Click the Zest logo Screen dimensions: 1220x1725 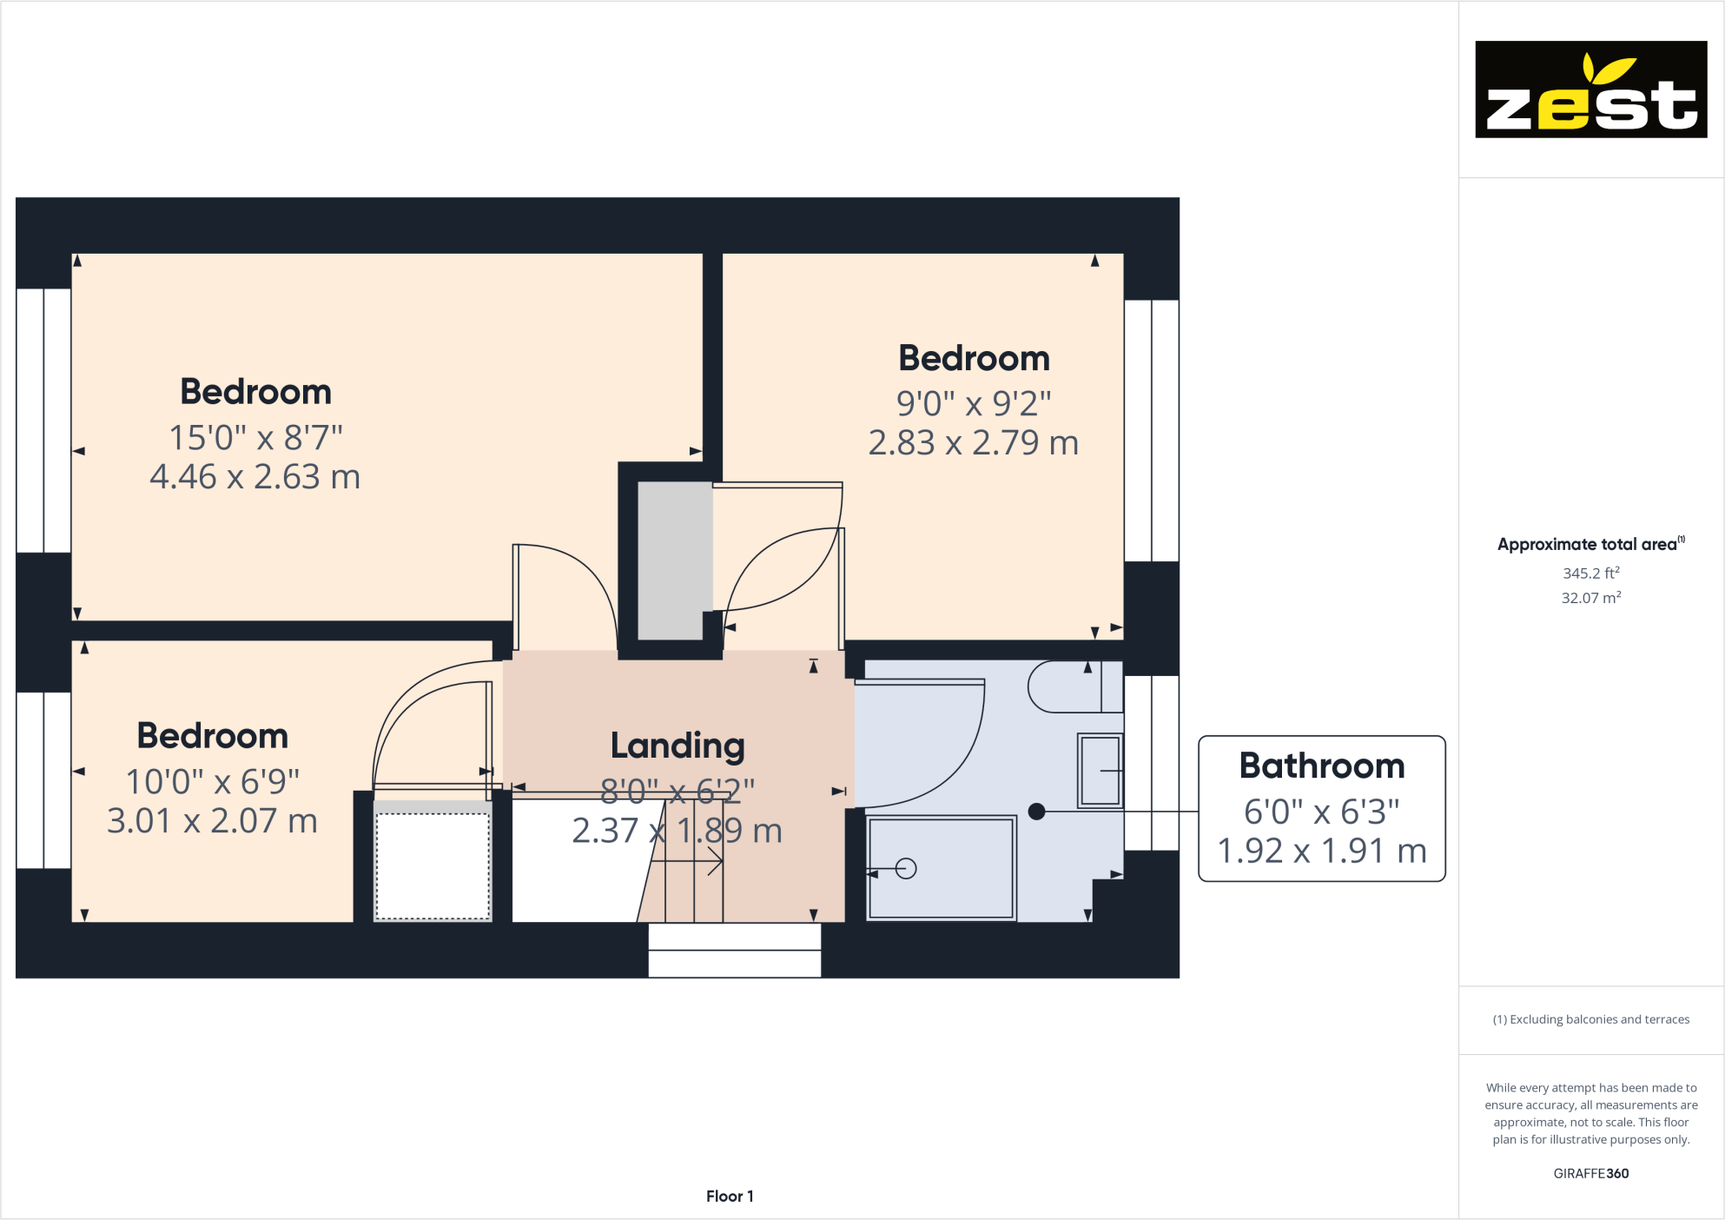[x=1590, y=90]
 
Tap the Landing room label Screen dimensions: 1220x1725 [x=677, y=746]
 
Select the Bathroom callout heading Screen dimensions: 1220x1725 [x=1321, y=766]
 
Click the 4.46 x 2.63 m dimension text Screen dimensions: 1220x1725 [x=254, y=477]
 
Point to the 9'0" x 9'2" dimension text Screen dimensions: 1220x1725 [x=974, y=404]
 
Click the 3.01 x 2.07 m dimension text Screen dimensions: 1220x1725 [x=212, y=821]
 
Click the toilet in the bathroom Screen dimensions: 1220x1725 [x=1074, y=686]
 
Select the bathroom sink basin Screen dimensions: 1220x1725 [x=1100, y=771]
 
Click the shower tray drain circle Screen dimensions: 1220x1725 [x=906, y=868]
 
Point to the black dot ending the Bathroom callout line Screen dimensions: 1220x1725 [x=1036, y=812]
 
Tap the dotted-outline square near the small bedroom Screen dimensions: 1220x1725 [x=433, y=865]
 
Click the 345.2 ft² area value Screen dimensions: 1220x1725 [x=1590, y=574]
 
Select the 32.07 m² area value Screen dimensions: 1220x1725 [x=1590, y=598]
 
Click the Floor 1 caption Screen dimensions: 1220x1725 [x=730, y=1197]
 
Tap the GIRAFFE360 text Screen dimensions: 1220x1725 [x=1590, y=1173]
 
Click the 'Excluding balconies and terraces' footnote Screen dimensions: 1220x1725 [x=1590, y=1019]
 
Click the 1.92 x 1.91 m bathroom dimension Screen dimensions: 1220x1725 [x=1321, y=852]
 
